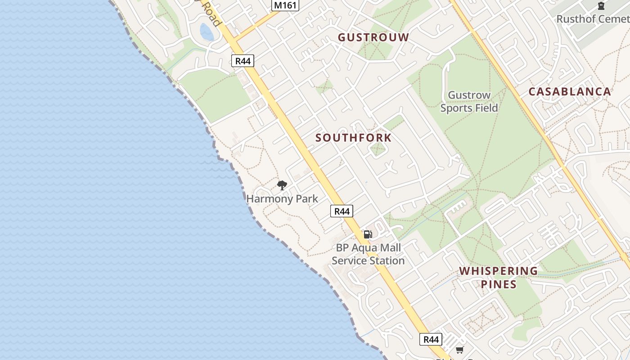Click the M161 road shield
point(285,5)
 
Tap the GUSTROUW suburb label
point(373,37)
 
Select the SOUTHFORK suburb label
point(353,138)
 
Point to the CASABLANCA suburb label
point(569,92)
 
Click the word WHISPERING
point(498,271)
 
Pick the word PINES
point(498,284)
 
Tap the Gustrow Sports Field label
point(469,102)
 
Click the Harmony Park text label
point(282,198)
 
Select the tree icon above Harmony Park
point(282,185)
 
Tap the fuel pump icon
point(368,234)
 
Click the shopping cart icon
point(459,350)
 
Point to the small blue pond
point(207,32)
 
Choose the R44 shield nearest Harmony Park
point(342,211)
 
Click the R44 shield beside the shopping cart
point(431,339)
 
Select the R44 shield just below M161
point(243,61)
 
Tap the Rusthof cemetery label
point(593,19)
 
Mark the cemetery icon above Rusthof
point(601,5)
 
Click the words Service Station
point(368,261)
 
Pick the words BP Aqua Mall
point(368,247)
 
